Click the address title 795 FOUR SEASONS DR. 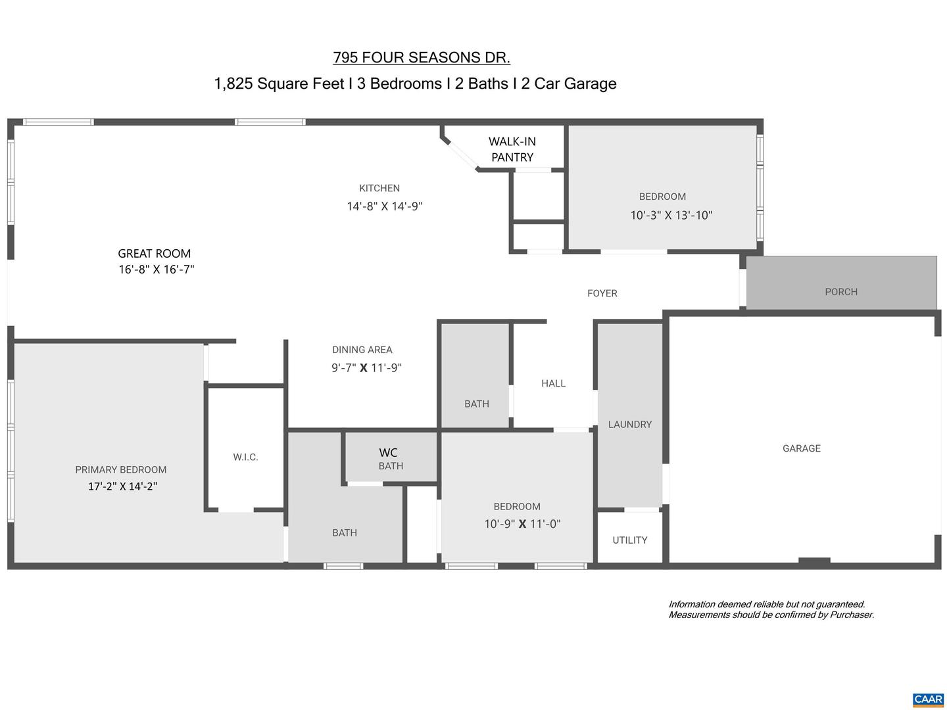click(x=422, y=58)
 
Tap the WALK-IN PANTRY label click(x=512, y=149)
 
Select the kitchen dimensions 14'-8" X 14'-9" click(x=385, y=206)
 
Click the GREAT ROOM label click(x=155, y=254)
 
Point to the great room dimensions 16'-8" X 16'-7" click(x=157, y=270)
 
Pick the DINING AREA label click(x=362, y=350)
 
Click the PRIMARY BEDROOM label click(x=121, y=469)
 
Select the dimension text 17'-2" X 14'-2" click(x=123, y=486)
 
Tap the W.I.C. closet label click(x=245, y=457)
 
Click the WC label click(x=388, y=452)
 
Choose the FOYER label click(x=602, y=293)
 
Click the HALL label click(x=553, y=383)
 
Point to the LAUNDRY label click(x=630, y=425)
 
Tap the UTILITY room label click(x=630, y=540)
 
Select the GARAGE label click(x=802, y=448)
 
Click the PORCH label click(x=841, y=292)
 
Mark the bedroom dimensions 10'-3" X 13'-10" click(x=671, y=215)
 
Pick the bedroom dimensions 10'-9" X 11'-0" click(x=522, y=524)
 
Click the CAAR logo click(x=928, y=699)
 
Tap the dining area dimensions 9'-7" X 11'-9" click(x=366, y=368)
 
